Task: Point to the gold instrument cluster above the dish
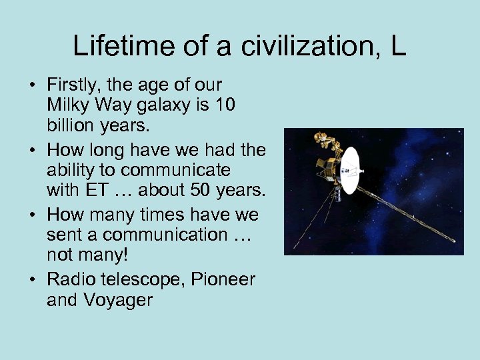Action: point(325,141)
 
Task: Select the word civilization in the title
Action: point(289,46)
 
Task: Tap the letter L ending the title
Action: point(398,46)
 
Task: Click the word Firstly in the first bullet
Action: point(70,85)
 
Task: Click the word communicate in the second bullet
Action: point(176,171)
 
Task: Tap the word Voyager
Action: point(117,299)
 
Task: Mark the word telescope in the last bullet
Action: point(138,280)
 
